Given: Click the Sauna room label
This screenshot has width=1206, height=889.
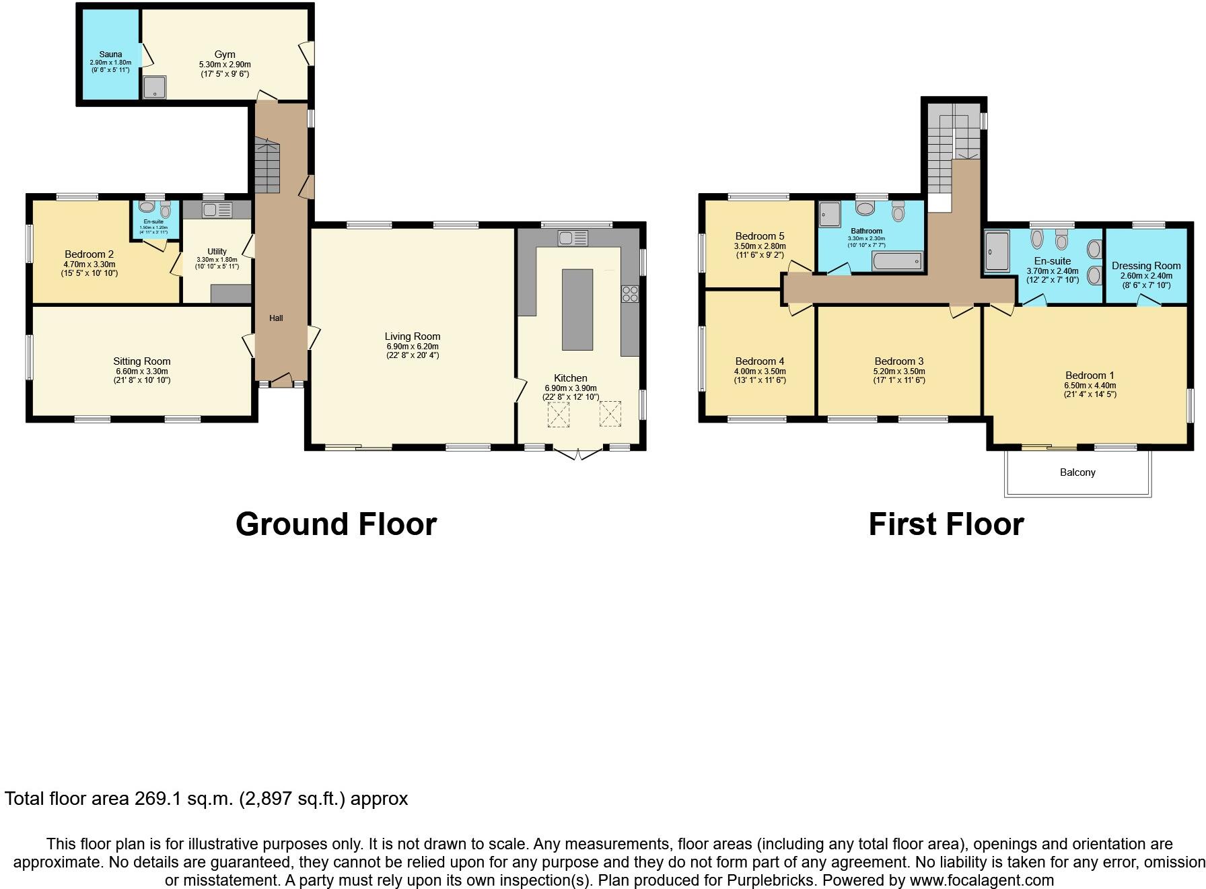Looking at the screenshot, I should click(x=111, y=55).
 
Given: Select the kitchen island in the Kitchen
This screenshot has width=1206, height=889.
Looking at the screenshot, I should click(x=577, y=310).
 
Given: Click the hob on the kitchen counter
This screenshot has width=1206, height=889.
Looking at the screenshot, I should click(x=630, y=293).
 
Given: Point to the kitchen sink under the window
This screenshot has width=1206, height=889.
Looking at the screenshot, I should click(x=572, y=238).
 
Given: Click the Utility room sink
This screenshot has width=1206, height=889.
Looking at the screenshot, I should click(x=216, y=210).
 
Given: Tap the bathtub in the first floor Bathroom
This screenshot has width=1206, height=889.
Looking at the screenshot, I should click(x=896, y=261).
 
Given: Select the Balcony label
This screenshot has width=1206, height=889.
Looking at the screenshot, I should click(x=1077, y=472).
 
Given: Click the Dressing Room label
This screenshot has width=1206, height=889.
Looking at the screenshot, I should click(x=1145, y=266).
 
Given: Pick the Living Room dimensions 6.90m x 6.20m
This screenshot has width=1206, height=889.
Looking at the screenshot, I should click(x=412, y=347).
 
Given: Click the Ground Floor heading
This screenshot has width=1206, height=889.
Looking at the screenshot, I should click(x=336, y=524).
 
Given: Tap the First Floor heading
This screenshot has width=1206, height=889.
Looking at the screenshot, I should click(x=946, y=524).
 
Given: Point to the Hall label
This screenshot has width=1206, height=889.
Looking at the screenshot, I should click(x=276, y=318).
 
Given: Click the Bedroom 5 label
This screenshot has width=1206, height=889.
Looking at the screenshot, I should click(x=759, y=236).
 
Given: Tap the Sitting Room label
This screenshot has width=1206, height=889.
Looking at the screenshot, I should click(x=141, y=361).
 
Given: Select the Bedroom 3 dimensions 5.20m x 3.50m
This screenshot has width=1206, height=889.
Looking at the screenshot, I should click(x=898, y=371).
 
